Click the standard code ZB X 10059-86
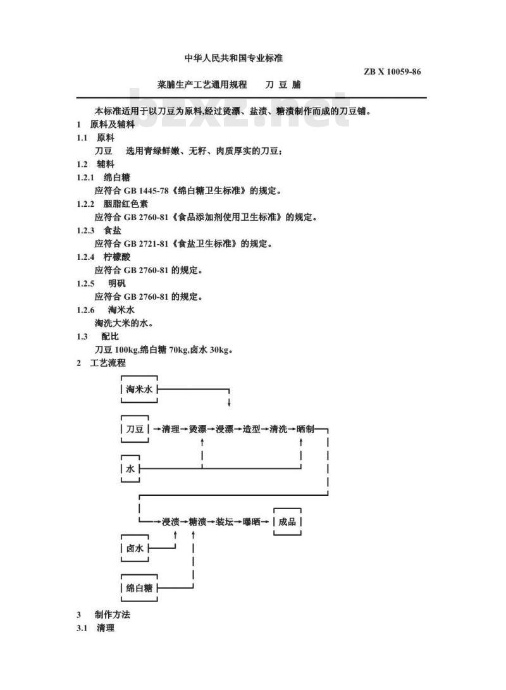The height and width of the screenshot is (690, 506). (x=392, y=71)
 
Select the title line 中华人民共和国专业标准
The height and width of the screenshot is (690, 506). (x=233, y=58)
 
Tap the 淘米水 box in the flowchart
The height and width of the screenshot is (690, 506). (x=139, y=389)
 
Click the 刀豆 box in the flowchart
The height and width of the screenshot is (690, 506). (x=135, y=429)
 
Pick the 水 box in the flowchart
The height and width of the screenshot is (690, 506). (x=130, y=469)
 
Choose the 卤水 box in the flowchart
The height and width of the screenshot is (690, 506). (x=135, y=548)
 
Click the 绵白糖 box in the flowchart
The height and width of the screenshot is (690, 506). (x=139, y=588)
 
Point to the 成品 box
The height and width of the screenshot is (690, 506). (x=287, y=522)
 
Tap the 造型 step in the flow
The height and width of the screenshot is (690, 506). (x=252, y=429)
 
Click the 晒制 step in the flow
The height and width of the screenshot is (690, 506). (x=305, y=429)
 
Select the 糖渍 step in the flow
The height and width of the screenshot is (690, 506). (x=197, y=522)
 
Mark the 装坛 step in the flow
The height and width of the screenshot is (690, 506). (x=225, y=522)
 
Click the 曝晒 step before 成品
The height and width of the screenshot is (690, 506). (x=252, y=522)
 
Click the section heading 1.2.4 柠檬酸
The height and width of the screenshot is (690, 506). (x=103, y=257)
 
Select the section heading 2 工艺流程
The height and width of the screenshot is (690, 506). (x=101, y=363)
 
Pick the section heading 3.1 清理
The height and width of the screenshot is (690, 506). (x=96, y=628)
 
